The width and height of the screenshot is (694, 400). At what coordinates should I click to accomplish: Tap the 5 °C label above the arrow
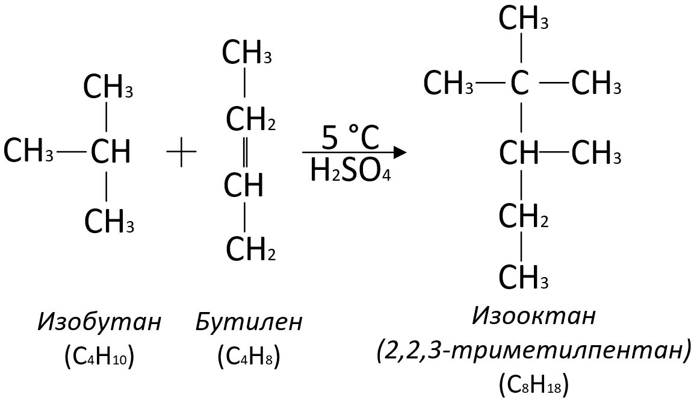(350, 139)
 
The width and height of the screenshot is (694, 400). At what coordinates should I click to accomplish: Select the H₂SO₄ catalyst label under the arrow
(350, 171)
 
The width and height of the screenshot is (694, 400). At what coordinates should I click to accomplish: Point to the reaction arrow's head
(399, 152)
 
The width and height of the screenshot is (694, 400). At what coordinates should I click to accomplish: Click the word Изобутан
(99, 322)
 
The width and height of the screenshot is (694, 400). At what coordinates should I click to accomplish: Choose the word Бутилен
(249, 322)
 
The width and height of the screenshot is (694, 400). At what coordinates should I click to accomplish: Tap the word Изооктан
(534, 314)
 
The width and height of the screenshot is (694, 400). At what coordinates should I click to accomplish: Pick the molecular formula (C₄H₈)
(249, 358)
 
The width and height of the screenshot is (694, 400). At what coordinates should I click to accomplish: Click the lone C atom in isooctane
(520, 83)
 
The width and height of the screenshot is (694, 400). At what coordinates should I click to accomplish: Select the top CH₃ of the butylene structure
(246, 52)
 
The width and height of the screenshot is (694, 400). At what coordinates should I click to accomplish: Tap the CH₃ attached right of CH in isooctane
(596, 154)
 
